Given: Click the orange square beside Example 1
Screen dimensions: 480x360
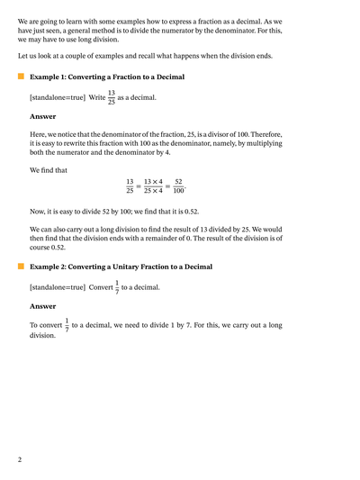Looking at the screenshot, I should (x=21, y=78).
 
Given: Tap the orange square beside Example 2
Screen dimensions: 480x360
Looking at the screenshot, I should (x=21, y=267).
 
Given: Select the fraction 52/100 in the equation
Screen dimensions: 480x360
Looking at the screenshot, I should (x=178, y=186).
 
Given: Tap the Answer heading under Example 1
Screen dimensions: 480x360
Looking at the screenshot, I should (x=42, y=116).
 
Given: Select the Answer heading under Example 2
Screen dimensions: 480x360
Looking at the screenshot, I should (x=42, y=306).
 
